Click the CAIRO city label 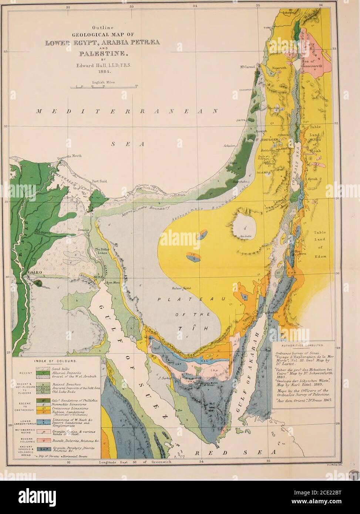tap(35, 273)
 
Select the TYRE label tap(268, 27)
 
